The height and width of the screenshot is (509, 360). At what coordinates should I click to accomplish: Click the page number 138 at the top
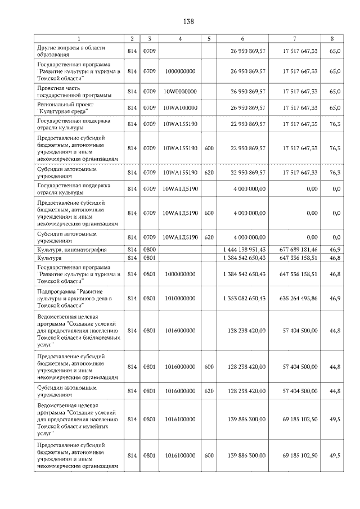coord(188,21)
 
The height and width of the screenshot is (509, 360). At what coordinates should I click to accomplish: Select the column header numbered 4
coord(179,39)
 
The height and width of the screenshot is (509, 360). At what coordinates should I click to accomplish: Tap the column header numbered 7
coord(295,39)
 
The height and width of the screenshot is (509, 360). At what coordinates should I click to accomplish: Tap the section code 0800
coord(149,249)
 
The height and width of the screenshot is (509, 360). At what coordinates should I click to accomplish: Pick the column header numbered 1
coord(78,39)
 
